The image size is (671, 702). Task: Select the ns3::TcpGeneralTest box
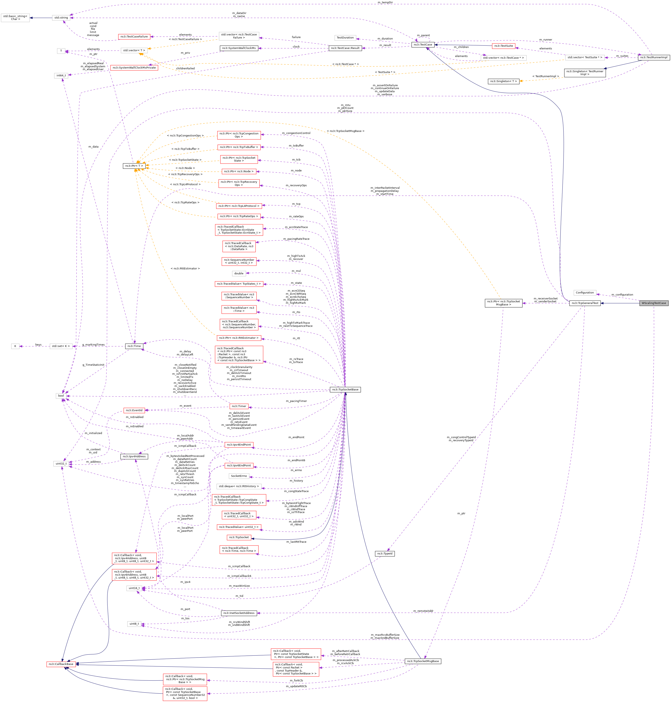coord(585,303)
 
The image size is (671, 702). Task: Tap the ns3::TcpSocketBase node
coord(345,389)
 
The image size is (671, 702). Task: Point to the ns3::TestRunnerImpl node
coord(654,57)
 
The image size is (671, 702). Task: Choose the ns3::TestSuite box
coord(503,46)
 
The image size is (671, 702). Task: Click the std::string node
coord(61,17)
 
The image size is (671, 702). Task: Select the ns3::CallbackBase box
coord(62,664)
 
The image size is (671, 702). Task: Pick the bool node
coord(61,396)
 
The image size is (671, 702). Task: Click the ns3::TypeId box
coord(385,554)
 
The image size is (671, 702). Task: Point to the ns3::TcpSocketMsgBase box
coord(422,661)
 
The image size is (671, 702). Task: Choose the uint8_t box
coord(134,624)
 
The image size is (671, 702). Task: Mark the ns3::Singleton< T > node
coord(503,81)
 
